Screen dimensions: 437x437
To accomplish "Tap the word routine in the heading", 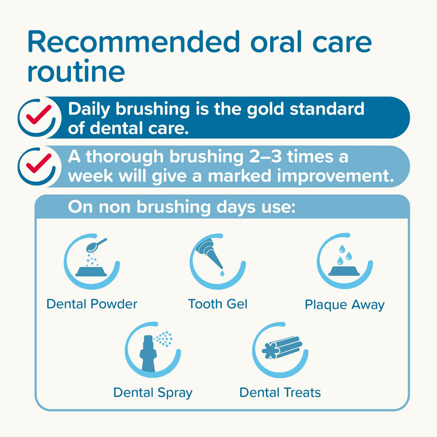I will coord(76,72).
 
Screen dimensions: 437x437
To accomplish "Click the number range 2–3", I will coord(256,157).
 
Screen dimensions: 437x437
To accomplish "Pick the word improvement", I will coord(331,176).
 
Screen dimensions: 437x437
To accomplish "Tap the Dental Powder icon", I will coord(91,261).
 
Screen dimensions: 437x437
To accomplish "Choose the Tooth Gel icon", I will coord(217,261).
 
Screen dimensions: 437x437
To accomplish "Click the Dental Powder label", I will coord(92,304).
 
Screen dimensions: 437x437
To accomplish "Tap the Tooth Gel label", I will coord(218,304).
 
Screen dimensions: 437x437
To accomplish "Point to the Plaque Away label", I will coord(344,305).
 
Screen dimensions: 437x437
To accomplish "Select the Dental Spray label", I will coord(153,393).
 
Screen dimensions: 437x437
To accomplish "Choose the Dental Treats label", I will coord(280,393).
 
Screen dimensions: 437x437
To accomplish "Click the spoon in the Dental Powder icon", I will coord(96,245).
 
